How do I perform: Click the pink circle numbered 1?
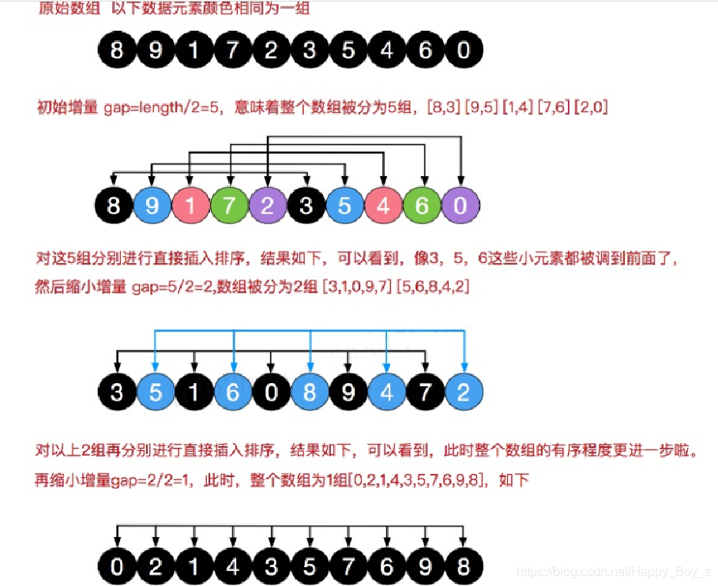click(x=190, y=207)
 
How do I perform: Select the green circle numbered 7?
click(x=229, y=207)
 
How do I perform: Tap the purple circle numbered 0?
click(x=461, y=207)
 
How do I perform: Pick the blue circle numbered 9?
click(x=152, y=207)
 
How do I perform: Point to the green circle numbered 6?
click(x=423, y=207)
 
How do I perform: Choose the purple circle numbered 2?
click(x=268, y=207)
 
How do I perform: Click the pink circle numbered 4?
click(x=384, y=207)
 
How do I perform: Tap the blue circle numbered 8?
click(x=310, y=393)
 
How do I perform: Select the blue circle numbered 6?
click(x=232, y=393)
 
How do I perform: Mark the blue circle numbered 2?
click(x=464, y=393)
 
